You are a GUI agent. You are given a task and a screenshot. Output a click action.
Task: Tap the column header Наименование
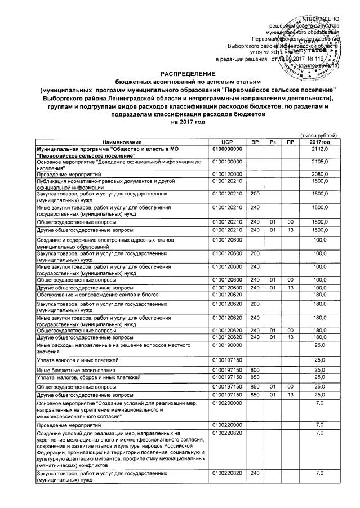coord(122,141)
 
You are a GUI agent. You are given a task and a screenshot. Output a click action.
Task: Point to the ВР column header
coord(255,141)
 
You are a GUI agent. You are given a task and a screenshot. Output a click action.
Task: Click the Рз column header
coord(273,141)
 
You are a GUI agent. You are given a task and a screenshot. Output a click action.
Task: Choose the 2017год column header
coord(319,141)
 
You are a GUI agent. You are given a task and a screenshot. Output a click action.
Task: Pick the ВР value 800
coord(255,369)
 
